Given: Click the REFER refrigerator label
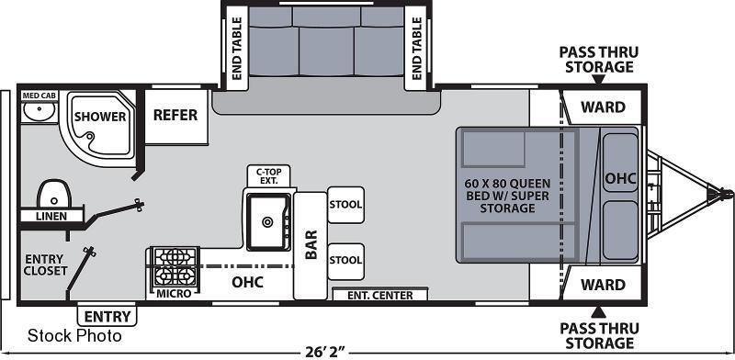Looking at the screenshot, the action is click(175, 115).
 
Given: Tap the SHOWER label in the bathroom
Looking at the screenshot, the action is click(100, 117).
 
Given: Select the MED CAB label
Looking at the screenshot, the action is click(39, 96).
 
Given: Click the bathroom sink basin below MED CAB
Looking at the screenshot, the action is click(40, 111).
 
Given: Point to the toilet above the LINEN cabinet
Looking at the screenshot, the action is click(54, 194).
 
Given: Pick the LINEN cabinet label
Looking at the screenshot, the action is click(51, 216).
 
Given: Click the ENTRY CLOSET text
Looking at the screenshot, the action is click(46, 264).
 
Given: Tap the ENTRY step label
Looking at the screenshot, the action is click(107, 317).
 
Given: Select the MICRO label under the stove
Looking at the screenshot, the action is click(174, 294).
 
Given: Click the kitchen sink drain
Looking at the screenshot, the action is click(267, 221).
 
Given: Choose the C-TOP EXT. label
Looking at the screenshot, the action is click(268, 175).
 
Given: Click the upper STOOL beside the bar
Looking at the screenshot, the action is click(346, 205).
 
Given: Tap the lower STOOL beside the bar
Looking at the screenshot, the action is click(346, 261).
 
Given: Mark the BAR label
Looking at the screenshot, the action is click(311, 244).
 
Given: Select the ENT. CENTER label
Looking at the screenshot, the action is click(380, 296).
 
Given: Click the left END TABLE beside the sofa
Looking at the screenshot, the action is click(237, 49).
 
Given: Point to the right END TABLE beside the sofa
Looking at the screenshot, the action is click(417, 49).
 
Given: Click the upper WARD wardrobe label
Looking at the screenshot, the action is click(603, 107).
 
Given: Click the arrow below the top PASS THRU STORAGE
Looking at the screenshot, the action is click(598, 80).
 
